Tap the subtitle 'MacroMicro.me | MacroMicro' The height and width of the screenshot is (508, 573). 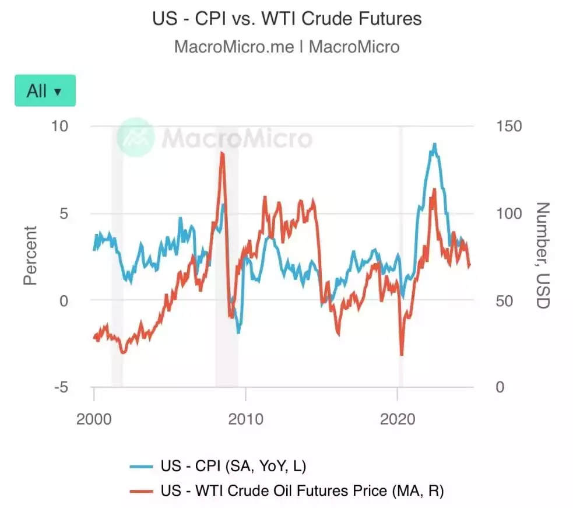(286, 47)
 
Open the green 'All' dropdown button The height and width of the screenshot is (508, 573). (45, 90)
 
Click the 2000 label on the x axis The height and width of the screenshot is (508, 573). (94, 419)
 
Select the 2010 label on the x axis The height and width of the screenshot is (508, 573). (245, 419)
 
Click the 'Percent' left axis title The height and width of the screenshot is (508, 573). (30, 255)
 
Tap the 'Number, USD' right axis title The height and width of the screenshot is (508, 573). (543, 255)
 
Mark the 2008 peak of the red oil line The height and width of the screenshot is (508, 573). (222, 153)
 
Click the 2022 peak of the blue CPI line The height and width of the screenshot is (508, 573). (434, 144)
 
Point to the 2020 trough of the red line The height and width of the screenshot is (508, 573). (401, 354)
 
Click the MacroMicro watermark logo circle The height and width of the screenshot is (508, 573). (135, 137)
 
